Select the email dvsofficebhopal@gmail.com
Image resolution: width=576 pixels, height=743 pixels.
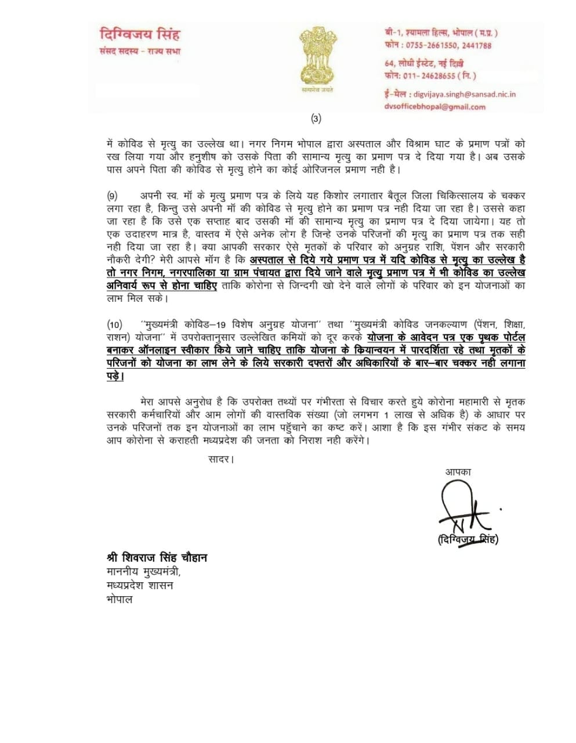coord(434,107)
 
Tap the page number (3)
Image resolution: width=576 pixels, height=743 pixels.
coord(316,119)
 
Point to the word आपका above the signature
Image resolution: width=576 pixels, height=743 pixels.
coord(458,471)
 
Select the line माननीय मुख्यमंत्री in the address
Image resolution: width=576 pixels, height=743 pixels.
coord(144,572)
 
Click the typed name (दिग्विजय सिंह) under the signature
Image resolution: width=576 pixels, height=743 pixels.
coord(468,540)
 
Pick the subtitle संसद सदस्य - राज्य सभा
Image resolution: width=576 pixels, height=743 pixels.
coord(140,51)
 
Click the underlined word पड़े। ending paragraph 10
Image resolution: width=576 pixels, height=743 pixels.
coord(115,376)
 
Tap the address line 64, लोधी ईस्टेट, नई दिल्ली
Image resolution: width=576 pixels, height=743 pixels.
coord(423,63)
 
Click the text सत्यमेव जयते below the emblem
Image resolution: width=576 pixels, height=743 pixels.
coord(317,91)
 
